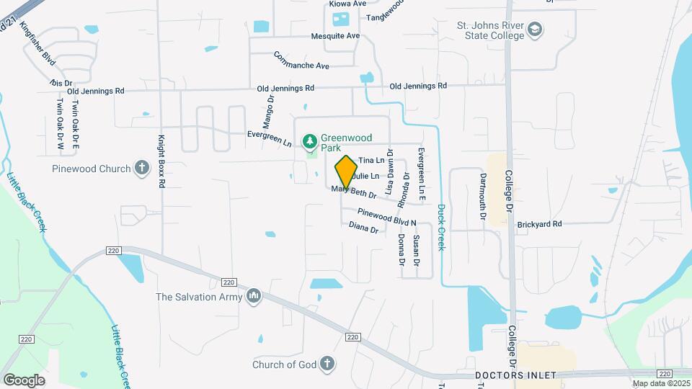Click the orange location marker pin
click(346, 171)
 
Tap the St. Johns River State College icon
click(536, 30)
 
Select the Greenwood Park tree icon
click(310, 139)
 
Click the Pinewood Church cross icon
click(142, 169)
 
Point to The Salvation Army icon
click(254, 296)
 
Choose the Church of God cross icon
click(327, 364)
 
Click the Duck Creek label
click(441, 228)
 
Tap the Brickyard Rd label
click(538, 225)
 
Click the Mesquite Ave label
click(335, 36)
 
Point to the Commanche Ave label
click(301, 61)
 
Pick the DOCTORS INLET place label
click(515, 376)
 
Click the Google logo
click(24, 380)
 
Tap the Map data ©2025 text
click(661, 383)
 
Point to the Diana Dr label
click(363, 228)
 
